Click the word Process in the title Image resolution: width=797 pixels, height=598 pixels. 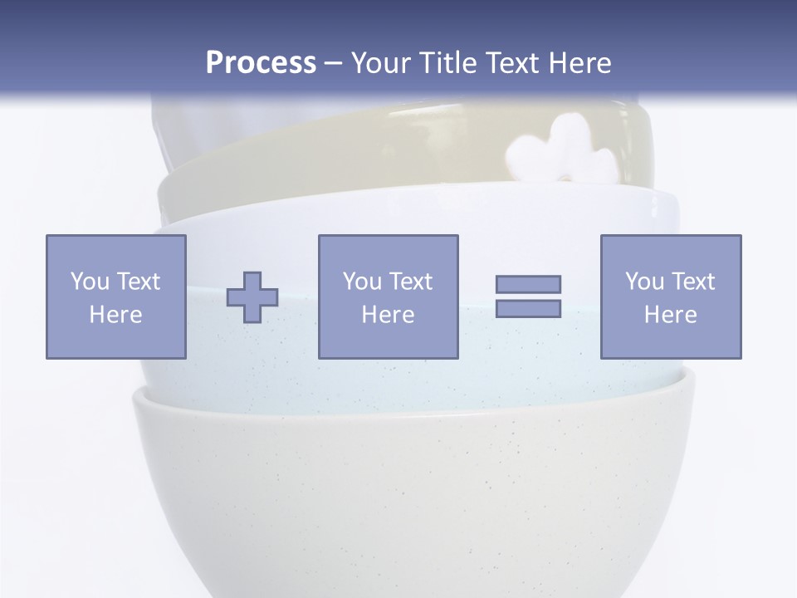[x=261, y=63]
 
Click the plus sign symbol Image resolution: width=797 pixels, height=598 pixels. [x=252, y=297]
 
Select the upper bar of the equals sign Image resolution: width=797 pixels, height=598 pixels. [x=528, y=284]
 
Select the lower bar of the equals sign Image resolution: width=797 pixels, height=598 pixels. [x=528, y=309]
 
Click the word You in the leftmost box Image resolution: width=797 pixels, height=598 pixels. [x=89, y=282]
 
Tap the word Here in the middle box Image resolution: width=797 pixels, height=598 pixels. [x=388, y=315]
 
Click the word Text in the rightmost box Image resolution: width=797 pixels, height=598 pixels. [x=692, y=282]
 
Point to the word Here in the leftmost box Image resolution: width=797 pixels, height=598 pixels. [x=115, y=315]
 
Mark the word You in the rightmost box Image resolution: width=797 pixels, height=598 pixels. [x=643, y=282]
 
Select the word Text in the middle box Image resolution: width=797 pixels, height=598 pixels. [x=410, y=282]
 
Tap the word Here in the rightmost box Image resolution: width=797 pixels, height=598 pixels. [x=670, y=315]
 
